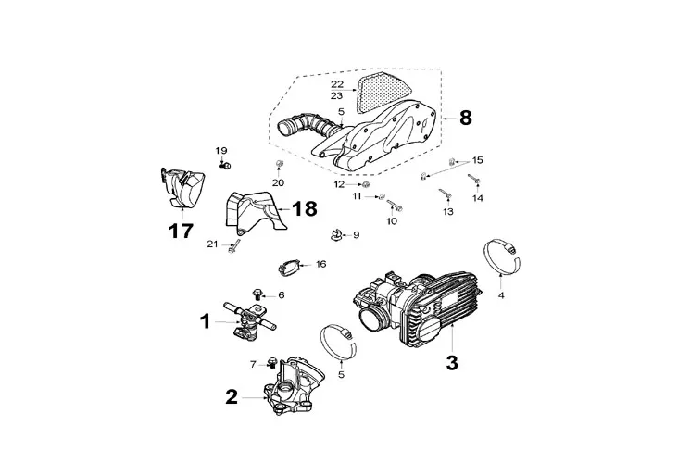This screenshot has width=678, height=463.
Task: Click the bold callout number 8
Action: pos(465,118)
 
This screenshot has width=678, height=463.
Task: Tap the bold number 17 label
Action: pos(181,231)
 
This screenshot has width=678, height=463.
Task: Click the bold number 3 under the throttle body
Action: pos(451,362)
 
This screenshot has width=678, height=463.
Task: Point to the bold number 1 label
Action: pos(206,321)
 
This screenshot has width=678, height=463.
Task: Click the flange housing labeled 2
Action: pos(294,385)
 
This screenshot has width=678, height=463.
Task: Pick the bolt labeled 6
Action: pos(257,294)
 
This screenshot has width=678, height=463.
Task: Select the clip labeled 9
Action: pos(336,235)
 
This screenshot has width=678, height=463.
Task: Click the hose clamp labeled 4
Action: pos(502,257)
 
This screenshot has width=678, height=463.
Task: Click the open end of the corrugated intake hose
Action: pos(286,129)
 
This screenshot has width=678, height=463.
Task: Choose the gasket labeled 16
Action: pos(288,268)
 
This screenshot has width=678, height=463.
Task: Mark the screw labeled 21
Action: pos(234,246)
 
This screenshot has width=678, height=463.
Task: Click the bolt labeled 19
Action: pos(224,165)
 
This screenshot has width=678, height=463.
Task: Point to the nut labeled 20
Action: pos(279,164)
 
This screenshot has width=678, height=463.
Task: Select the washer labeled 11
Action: pos(382,196)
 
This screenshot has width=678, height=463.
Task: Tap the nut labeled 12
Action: pos(365,185)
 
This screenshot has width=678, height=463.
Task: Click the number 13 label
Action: pos(448,212)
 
